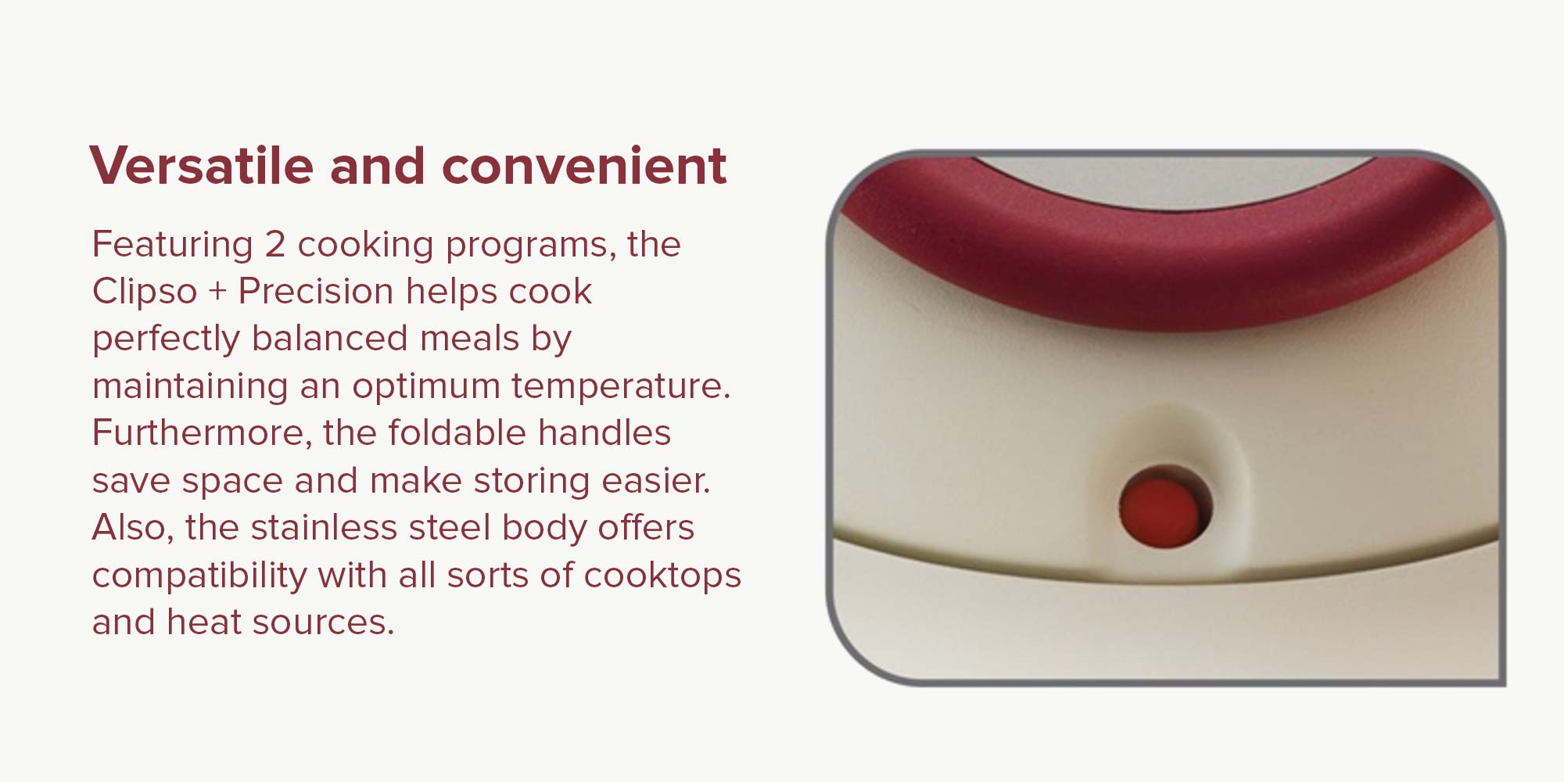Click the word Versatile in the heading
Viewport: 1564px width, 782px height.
(202, 166)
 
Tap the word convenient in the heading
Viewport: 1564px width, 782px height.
(584, 166)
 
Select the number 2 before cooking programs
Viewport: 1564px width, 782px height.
(274, 245)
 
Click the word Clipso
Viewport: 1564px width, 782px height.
(145, 292)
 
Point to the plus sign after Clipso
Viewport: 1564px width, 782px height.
(217, 292)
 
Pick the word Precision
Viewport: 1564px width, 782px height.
(316, 291)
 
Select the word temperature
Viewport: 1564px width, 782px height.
(621, 386)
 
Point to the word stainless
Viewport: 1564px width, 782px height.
(324, 527)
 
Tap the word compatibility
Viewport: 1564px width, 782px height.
(199, 576)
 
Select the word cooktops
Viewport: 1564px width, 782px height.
(662, 576)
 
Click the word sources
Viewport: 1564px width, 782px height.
(324, 623)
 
